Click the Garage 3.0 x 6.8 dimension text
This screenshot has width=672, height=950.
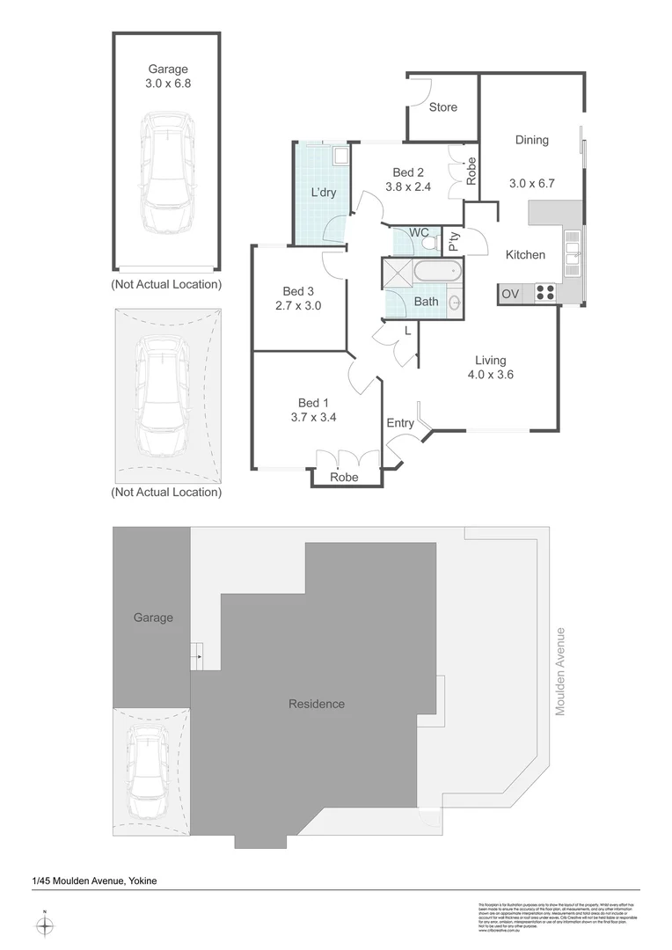(x=167, y=84)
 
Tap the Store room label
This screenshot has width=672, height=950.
(x=443, y=107)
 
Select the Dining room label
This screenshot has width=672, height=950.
(x=531, y=140)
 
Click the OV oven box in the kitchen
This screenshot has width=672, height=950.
(x=509, y=294)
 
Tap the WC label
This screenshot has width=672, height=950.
(x=419, y=232)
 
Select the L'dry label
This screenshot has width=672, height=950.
(x=324, y=194)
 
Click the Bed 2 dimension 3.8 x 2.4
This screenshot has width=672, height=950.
(x=408, y=186)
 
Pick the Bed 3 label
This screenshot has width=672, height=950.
(x=298, y=291)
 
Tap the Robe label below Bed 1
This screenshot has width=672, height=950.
(x=344, y=478)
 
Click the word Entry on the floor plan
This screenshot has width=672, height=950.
(x=400, y=423)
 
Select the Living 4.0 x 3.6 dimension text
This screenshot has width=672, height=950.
(x=490, y=374)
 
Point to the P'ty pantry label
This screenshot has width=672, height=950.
(x=453, y=241)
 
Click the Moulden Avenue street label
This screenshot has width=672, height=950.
(x=559, y=670)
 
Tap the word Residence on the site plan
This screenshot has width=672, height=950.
(x=317, y=704)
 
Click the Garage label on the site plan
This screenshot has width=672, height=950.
(x=153, y=617)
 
